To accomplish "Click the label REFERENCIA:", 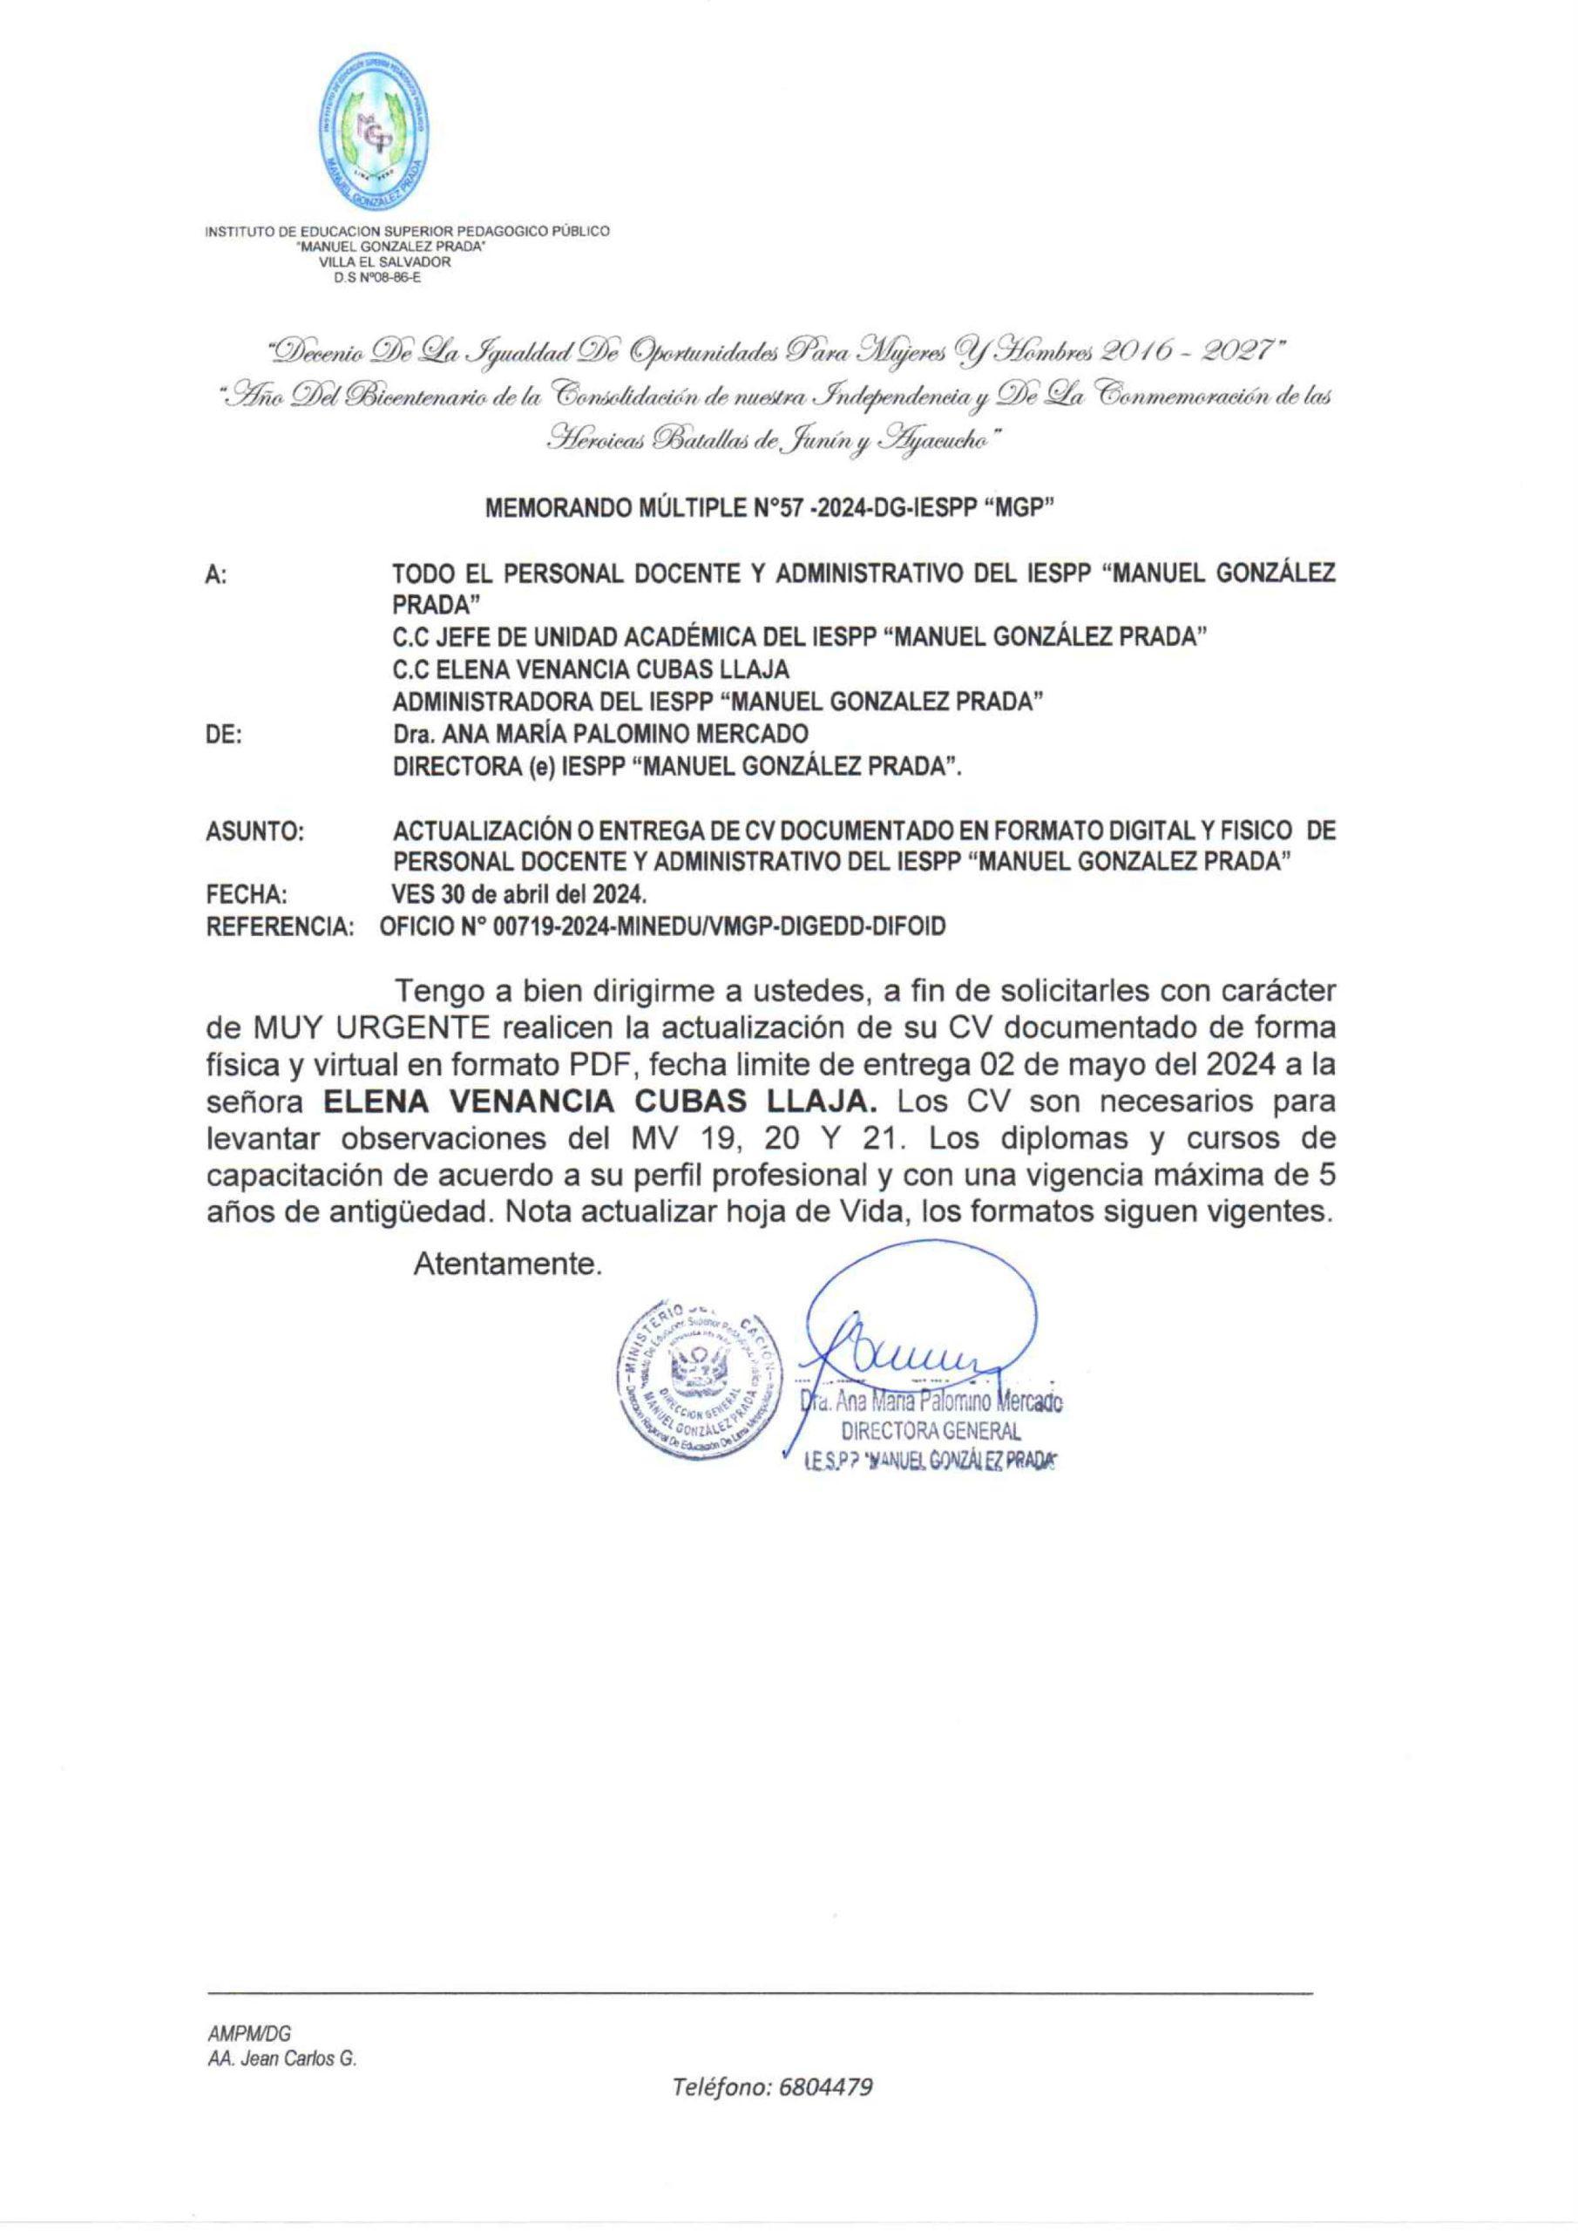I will coord(281,927).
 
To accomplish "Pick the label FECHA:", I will coord(247,895).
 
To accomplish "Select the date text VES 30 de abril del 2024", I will coord(518,895).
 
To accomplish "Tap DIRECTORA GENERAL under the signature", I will coord(931,1431).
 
